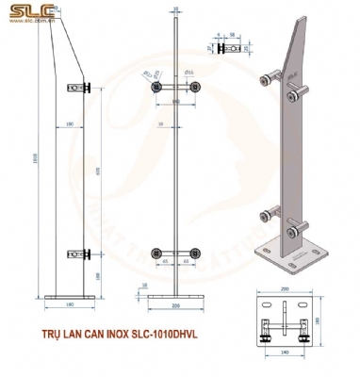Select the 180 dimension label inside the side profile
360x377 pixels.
(x=72, y=123)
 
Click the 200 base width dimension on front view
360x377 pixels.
(x=174, y=306)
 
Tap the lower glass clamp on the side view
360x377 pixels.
(x=85, y=254)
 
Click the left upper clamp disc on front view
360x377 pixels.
(x=155, y=87)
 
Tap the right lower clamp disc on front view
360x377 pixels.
(x=194, y=252)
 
